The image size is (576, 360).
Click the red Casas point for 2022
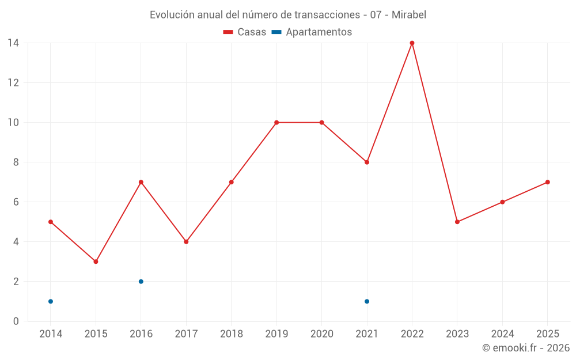[x=412, y=43]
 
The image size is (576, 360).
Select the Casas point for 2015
[x=96, y=262]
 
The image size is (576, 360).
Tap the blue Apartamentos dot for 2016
[x=141, y=282]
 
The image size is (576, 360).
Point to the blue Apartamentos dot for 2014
[x=51, y=301]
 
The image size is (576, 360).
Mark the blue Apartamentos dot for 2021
[x=367, y=301]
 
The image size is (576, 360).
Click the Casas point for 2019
[x=276, y=122]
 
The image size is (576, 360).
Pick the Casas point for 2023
[x=457, y=222]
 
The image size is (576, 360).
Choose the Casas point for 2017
[x=186, y=242]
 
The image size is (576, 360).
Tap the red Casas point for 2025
[x=548, y=182]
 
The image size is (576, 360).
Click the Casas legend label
[x=252, y=32]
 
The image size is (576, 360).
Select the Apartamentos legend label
[x=319, y=32]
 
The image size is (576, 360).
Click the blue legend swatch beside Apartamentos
[x=276, y=32]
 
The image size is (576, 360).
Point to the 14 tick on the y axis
[x=13, y=43]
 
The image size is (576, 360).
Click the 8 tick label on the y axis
[x=16, y=162]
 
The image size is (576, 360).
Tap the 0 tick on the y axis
[x=16, y=321]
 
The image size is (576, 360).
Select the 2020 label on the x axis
[x=321, y=334]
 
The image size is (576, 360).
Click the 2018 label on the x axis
[x=231, y=334]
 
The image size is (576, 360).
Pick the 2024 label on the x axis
[x=502, y=334]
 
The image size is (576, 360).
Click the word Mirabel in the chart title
[x=409, y=14]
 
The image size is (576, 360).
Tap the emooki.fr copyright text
[x=526, y=348]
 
